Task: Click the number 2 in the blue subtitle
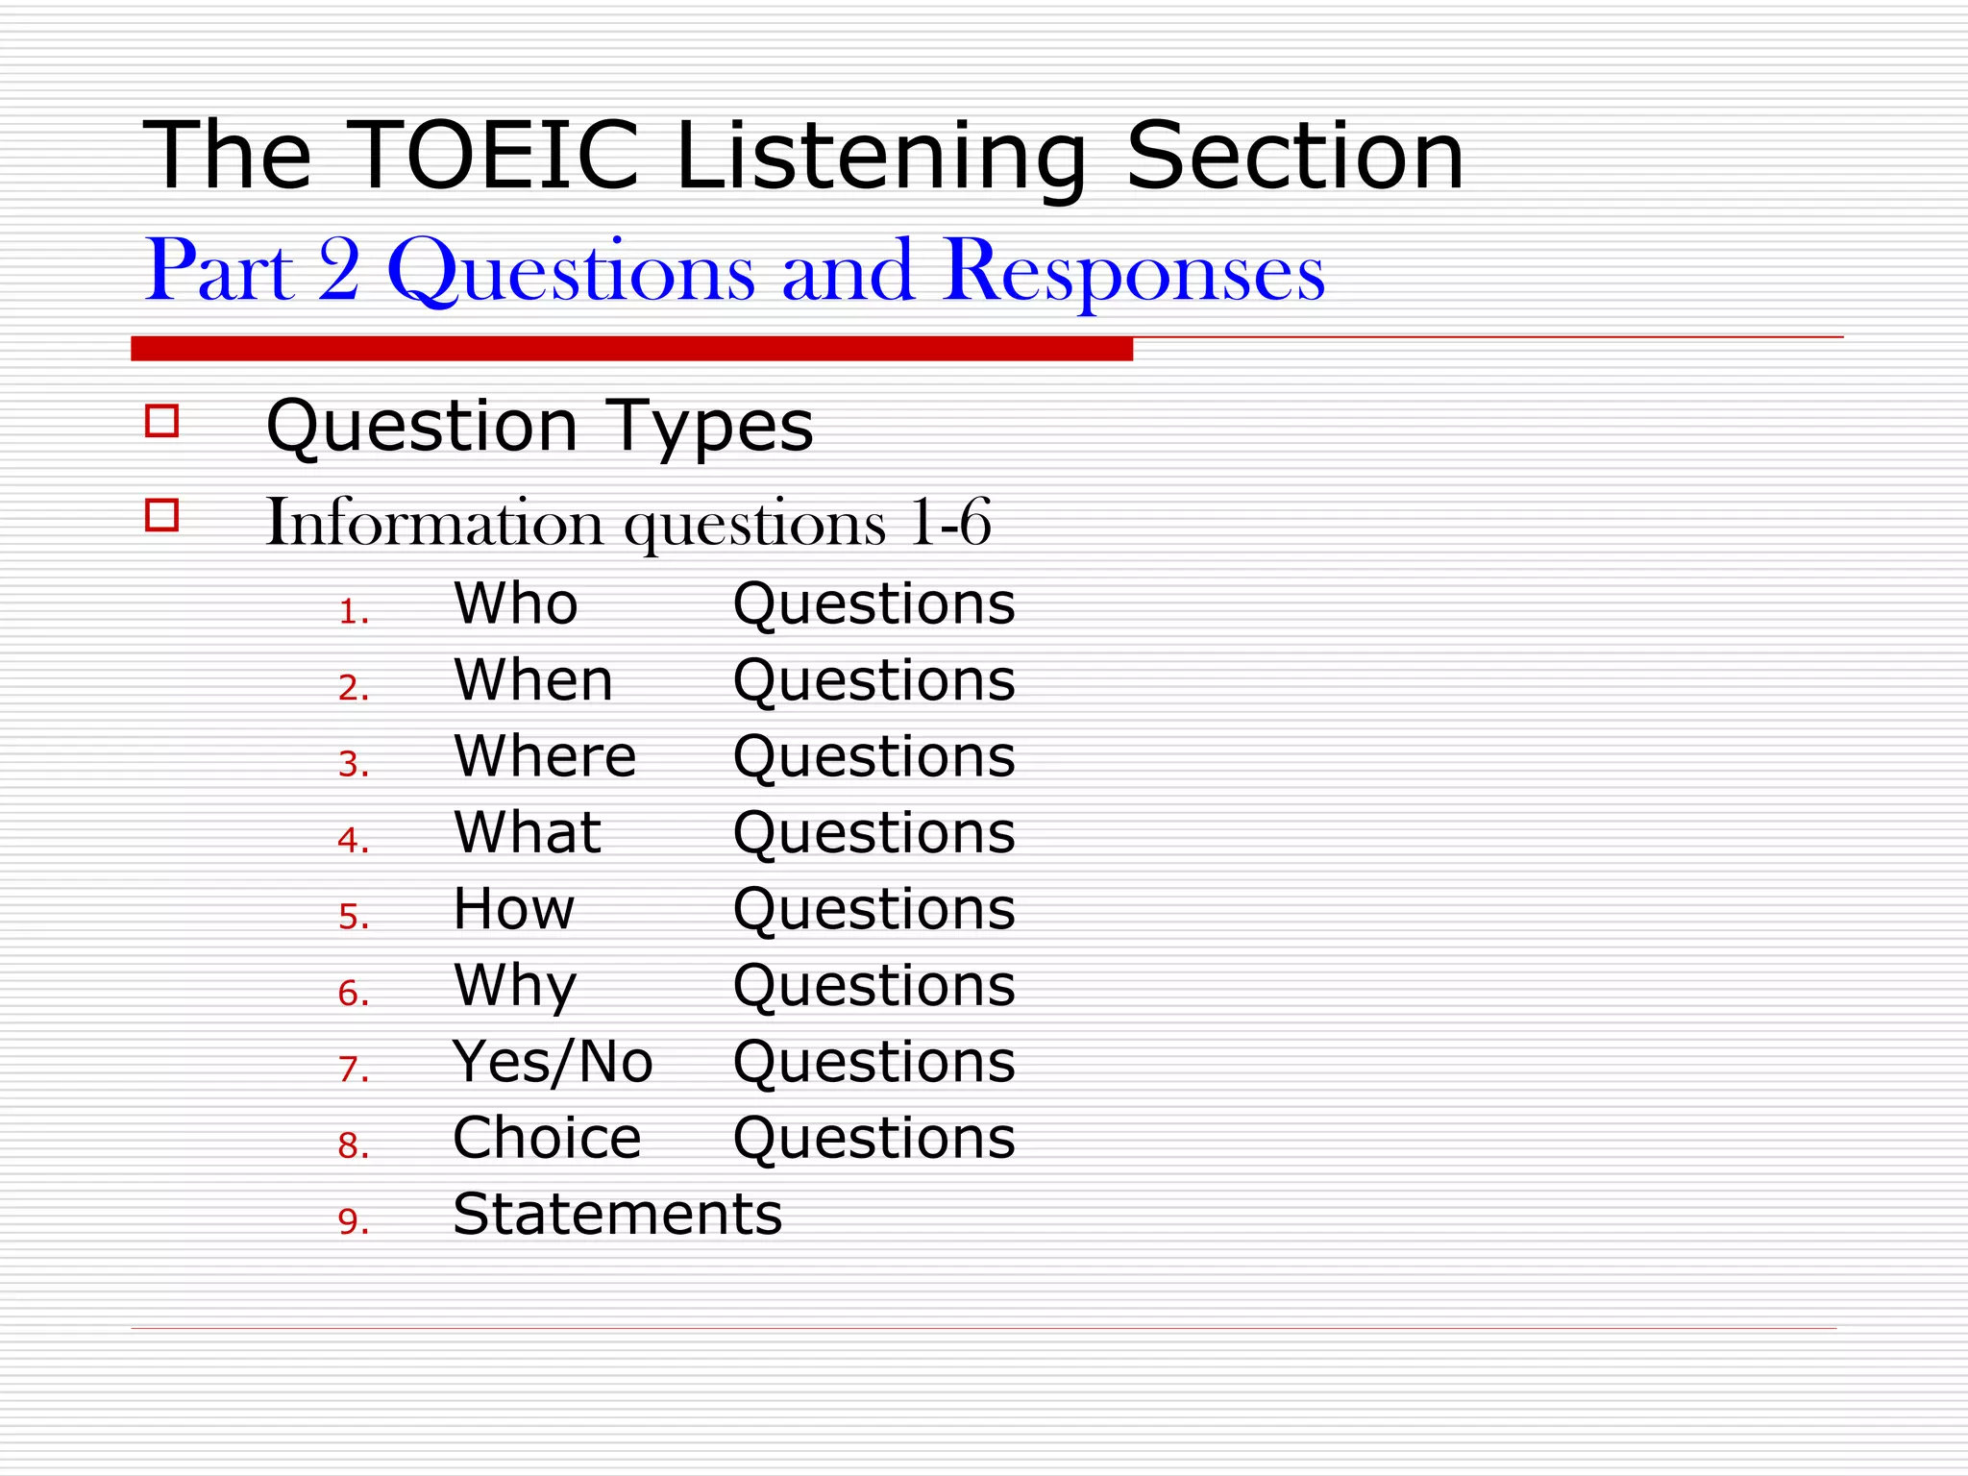pos(339,271)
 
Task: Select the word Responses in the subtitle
pos(1134,273)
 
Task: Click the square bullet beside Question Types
pos(161,421)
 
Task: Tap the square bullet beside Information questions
pos(161,515)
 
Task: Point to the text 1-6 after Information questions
pos(949,524)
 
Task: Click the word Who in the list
pos(516,604)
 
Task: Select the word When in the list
pos(533,680)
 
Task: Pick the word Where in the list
pos(545,756)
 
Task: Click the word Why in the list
pos(516,987)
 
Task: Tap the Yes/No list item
pos(553,1063)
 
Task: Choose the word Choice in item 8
pos(547,1139)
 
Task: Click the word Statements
pos(617,1215)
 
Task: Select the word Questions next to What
pos(873,833)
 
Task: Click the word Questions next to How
pos(873,909)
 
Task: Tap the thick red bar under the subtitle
pos(631,349)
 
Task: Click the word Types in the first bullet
pos(709,426)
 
